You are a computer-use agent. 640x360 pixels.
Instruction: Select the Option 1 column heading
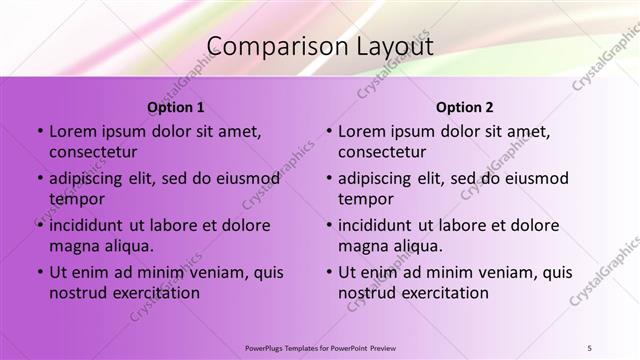click(176, 107)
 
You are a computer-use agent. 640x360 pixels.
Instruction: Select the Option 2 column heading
click(465, 107)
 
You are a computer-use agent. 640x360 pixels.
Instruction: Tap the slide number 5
click(589, 347)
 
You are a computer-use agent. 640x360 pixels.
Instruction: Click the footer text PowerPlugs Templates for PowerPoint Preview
click(320, 347)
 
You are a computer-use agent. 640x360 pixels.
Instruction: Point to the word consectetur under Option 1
click(93, 152)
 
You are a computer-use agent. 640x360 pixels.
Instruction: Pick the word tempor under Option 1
click(75, 199)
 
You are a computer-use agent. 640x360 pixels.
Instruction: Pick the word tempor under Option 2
click(364, 199)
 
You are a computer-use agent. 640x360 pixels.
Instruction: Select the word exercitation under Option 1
click(153, 293)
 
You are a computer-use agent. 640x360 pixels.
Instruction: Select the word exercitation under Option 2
click(442, 293)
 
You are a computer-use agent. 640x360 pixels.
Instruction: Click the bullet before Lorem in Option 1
click(40, 131)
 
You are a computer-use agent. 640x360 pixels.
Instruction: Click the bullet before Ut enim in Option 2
click(329, 272)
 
